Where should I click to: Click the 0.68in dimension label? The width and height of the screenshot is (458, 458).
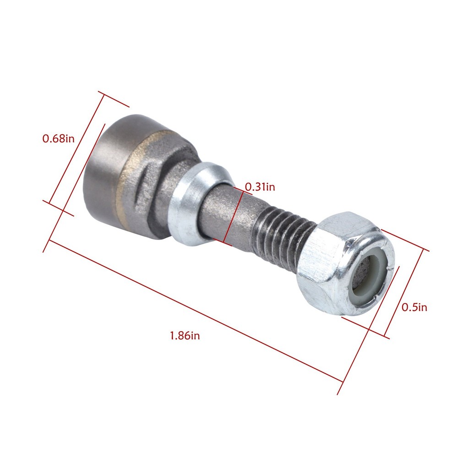click(x=58, y=138)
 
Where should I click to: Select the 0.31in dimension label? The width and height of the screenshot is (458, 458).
click(x=260, y=187)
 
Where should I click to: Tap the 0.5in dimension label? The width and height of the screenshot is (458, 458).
click(x=414, y=307)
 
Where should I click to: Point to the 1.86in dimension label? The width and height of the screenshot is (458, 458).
click(x=185, y=336)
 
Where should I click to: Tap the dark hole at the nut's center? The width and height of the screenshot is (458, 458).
click(x=362, y=275)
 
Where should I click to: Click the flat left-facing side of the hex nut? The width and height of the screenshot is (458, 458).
click(x=316, y=279)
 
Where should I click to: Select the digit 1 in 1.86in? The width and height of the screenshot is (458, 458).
click(x=172, y=336)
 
